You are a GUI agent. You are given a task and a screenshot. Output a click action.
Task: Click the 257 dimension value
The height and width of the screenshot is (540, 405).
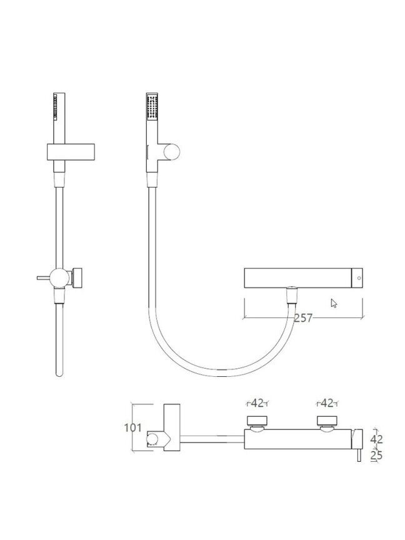pyautogui.click(x=303, y=317)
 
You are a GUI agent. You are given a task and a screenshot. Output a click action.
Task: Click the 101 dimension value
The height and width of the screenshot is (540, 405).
pyautogui.click(x=133, y=427)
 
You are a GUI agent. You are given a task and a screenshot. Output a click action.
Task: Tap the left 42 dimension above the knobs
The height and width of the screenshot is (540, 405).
pyautogui.click(x=257, y=402)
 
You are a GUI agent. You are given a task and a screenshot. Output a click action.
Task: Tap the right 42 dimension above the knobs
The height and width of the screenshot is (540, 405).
pyautogui.click(x=327, y=402)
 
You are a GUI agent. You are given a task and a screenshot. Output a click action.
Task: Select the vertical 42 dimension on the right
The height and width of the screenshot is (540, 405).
pyautogui.click(x=377, y=439)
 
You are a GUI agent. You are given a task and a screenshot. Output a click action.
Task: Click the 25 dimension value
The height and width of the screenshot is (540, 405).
pyautogui.click(x=377, y=455)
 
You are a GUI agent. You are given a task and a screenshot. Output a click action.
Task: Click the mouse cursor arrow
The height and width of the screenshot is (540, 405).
pyautogui.click(x=334, y=303)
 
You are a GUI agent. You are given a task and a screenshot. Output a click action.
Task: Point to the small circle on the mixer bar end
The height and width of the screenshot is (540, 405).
pyautogui.click(x=359, y=278)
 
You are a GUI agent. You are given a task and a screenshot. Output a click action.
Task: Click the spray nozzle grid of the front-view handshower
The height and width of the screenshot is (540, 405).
pyautogui.click(x=152, y=108)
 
